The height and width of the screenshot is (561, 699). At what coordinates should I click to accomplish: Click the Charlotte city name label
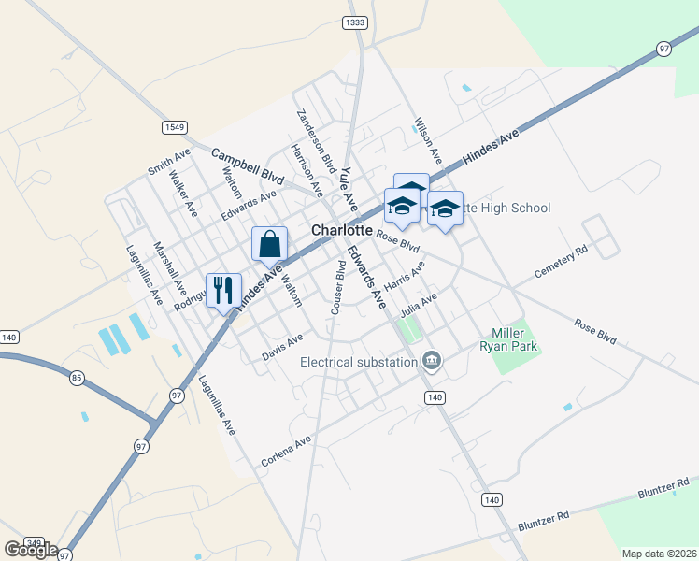342,231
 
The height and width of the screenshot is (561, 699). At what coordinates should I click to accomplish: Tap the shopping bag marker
269,243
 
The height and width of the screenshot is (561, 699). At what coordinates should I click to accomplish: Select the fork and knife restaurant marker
222,290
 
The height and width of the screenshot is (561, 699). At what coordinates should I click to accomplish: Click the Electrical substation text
359,362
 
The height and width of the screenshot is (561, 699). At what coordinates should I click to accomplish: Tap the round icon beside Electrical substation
431,360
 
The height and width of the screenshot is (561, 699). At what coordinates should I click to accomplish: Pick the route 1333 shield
355,22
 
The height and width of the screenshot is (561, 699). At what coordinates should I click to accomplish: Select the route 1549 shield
175,127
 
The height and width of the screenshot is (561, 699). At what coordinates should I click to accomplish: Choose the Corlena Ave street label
286,453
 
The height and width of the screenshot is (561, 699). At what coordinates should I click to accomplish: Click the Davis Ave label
283,348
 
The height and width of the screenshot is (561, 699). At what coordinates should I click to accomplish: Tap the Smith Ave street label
168,161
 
